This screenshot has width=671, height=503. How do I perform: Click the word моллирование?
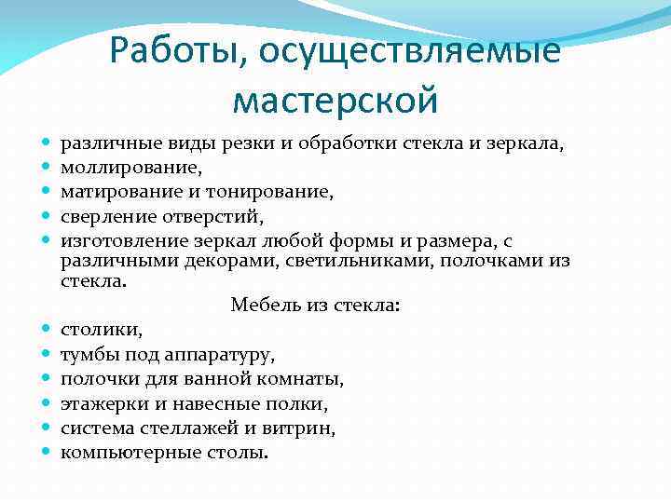(x=130, y=169)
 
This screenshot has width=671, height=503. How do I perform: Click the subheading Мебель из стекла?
(x=315, y=305)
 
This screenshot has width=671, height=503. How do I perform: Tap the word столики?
(x=101, y=330)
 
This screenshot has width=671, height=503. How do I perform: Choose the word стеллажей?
(x=187, y=428)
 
